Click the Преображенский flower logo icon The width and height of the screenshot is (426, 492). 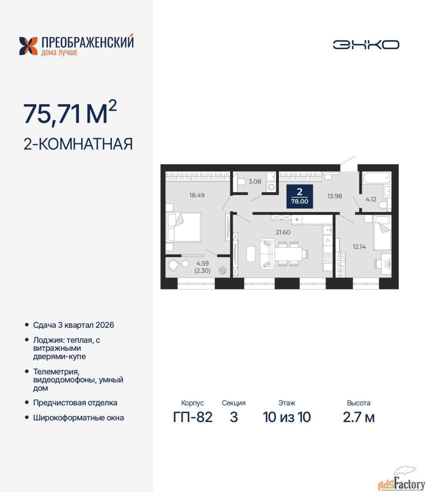28,46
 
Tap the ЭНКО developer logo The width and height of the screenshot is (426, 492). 366,45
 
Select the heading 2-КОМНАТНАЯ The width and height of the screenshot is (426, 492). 78,144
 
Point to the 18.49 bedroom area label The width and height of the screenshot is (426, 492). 197,195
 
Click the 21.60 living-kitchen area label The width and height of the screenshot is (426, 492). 283,232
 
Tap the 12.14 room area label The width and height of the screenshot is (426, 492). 359,247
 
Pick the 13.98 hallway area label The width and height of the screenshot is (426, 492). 335,196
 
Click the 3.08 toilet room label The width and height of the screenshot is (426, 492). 255,181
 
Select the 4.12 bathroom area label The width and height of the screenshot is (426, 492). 371,199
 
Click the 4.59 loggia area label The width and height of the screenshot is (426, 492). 202,263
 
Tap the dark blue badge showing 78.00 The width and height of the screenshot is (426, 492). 300,196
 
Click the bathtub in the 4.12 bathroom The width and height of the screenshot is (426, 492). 376,178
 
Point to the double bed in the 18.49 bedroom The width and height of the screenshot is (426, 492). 184,227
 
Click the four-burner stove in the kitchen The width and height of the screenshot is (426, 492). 328,258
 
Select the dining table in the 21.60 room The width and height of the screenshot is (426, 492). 288,254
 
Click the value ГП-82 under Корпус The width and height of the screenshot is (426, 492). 193,417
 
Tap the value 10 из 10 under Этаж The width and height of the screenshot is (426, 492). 287,417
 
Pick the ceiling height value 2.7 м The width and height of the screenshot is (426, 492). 359,417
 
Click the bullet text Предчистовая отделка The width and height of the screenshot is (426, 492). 75,403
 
